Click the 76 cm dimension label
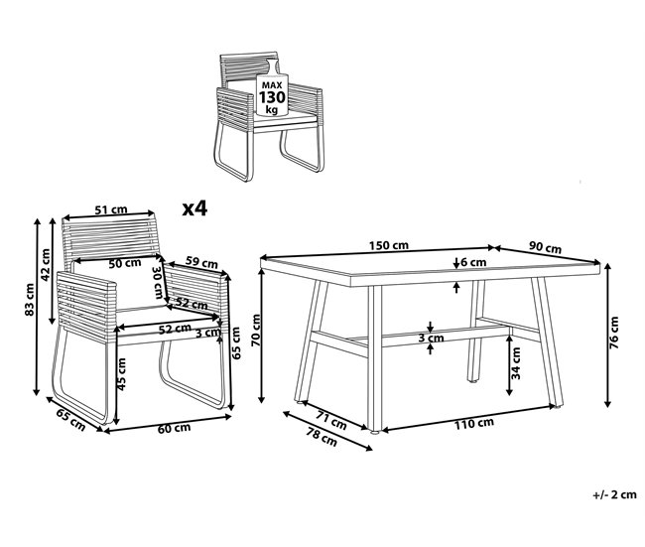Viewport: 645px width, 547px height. point(614,335)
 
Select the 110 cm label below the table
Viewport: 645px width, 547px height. point(473,423)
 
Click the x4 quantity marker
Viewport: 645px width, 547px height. point(194,208)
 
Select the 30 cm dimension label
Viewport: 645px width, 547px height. point(157,282)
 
